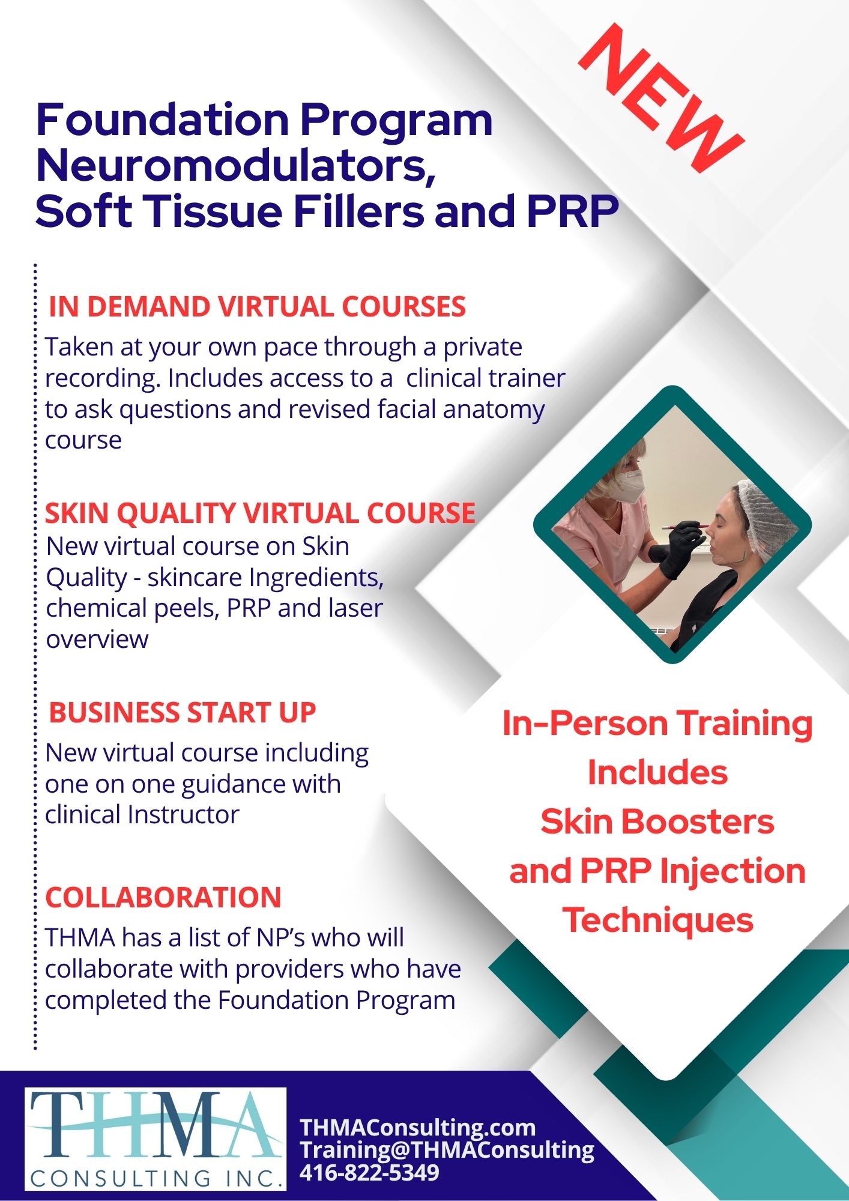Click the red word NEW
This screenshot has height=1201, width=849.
661,99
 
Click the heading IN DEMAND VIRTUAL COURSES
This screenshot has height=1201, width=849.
257,306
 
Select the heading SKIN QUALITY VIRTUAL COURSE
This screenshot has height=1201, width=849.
261,513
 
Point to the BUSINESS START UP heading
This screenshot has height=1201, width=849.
183,713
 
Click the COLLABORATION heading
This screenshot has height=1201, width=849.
163,898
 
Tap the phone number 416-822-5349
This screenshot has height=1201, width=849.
369,1172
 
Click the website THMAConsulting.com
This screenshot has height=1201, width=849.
418,1127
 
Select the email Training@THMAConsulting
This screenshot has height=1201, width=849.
447,1149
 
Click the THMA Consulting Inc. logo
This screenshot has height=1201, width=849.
156,1139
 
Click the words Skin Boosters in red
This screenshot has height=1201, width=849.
657,821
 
